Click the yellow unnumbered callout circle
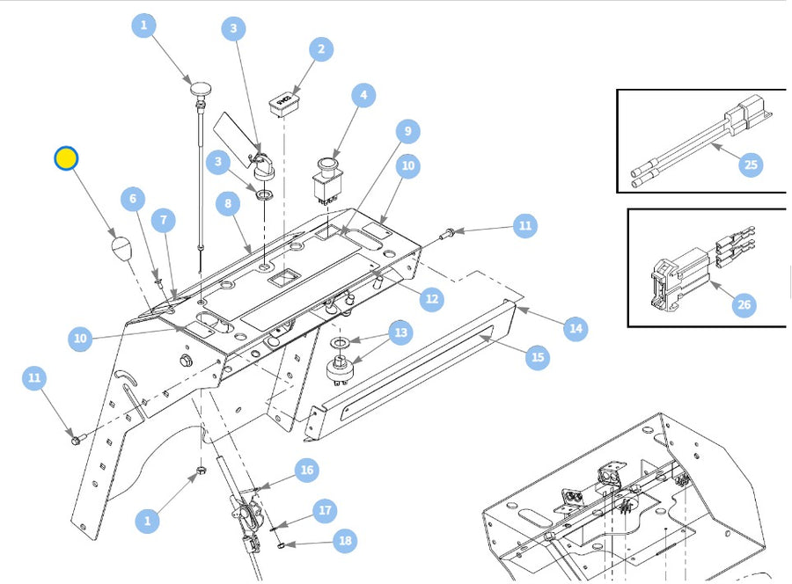click(66, 158)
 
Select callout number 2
click(321, 49)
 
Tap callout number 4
click(363, 95)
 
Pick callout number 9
click(407, 132)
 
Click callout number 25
click(751, 164)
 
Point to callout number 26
click(744, 304)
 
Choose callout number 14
click(576, 329)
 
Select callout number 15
click(538, 357)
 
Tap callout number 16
click(307, 471)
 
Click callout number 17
click(325, 510)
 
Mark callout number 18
click(345, 541)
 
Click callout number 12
click(432, 298)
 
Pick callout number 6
click(133, 199)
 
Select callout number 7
click(163, 220)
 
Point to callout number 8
click(228, 203)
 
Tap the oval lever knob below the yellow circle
click(121, 248)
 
